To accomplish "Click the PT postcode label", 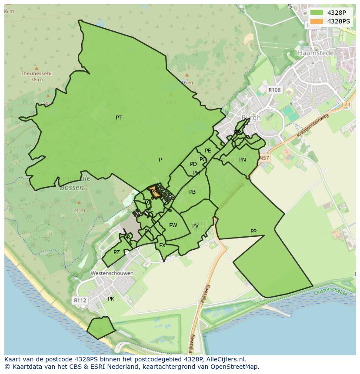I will [x=119, y=118].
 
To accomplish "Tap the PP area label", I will [x=253, y=232].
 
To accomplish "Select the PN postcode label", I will [x=243, y=160].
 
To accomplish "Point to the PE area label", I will [x=208, y=151].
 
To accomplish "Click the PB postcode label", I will [x=192, y=192].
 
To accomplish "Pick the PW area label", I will [x=173, y=225].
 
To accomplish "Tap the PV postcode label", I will [x=195, y=226].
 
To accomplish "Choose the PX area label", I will [x=162, y=245].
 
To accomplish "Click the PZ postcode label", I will [x=117, y=252].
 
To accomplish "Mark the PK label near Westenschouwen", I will [x=111, y=299].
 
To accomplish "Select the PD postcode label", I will [x=193, y=164].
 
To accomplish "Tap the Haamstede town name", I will [x=316, y=53].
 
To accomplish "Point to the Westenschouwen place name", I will [x=112, y=273].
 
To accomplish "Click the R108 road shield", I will [x=274, y=90].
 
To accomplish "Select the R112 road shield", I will [x=80, y=300].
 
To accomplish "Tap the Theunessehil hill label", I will [x=37, y=73].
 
